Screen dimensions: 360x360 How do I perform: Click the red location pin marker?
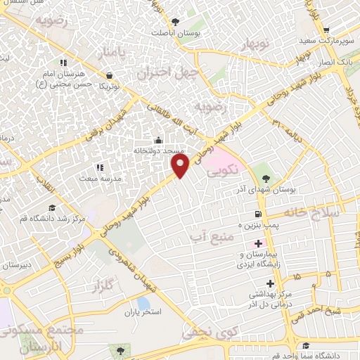click(x=181, y=165)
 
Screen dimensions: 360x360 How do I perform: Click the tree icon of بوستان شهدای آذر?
click(x=266, y=169)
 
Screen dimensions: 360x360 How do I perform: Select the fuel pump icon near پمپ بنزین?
click(x=259, y=214)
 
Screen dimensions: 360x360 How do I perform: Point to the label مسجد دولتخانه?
click(x=159, y=150)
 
